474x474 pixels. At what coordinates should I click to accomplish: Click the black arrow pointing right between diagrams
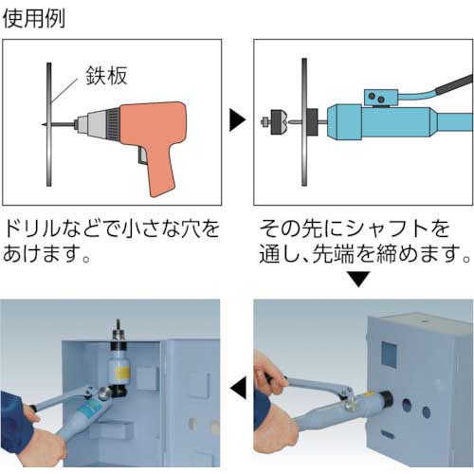[237, 120]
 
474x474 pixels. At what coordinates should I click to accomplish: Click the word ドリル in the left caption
[38, 229]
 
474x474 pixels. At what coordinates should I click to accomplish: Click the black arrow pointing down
[358, 278]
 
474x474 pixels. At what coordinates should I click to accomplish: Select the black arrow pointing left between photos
[237, 386]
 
